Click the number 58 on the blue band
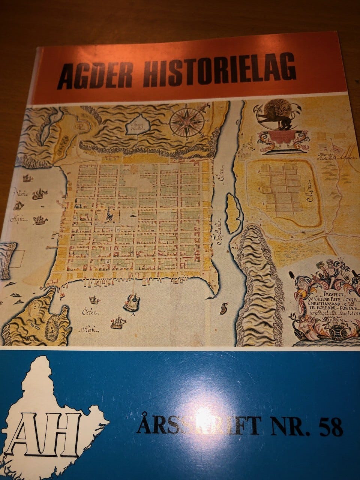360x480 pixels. [330, 427]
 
